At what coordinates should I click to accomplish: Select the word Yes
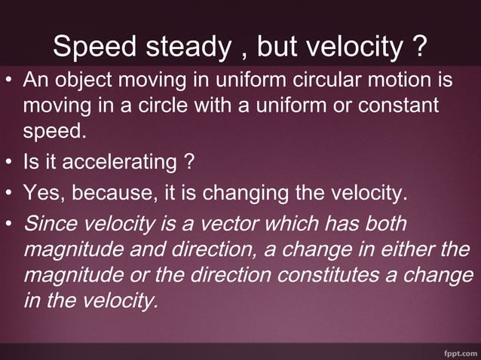[x=44, y=197]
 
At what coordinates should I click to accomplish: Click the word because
[x=108, y=197]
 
